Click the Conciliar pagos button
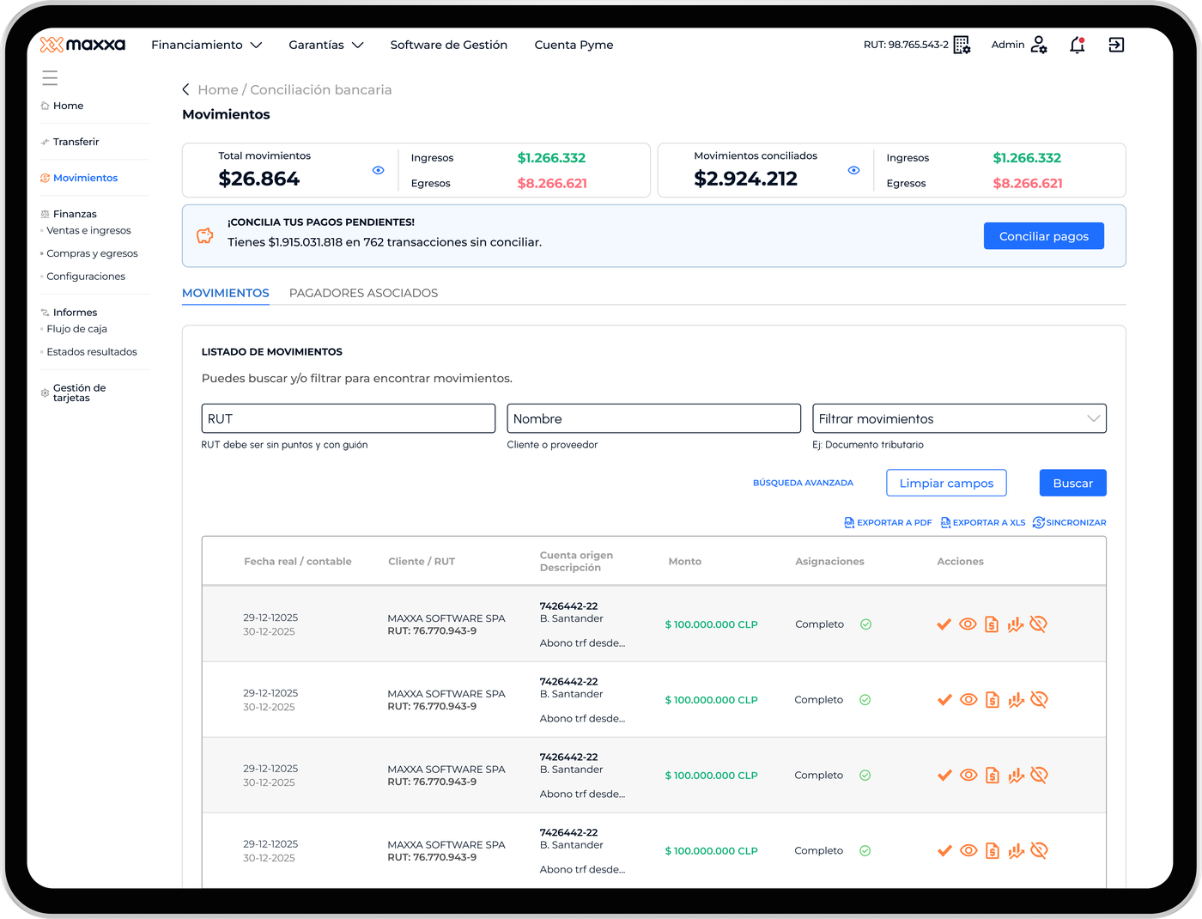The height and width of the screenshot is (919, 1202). click(x=1043, y=236)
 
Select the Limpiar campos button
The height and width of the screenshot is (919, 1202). click(x=946, y=483)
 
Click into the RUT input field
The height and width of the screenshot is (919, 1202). click(x=349, y=418)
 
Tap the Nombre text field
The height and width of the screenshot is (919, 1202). click(x=653, y=418)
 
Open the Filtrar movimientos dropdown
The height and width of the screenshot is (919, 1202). click(x=959, y=418)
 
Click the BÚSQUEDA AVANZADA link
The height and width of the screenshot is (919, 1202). click(x=803, y=483)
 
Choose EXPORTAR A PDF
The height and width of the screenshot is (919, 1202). click(x=888, y=522)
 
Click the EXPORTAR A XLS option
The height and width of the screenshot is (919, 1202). click(x=983, y=522)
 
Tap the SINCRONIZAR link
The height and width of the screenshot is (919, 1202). click(x=1070, y=522)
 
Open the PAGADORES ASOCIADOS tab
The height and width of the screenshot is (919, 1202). click(x=364, y=293)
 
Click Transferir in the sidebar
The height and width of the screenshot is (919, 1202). click(x=76, y=142)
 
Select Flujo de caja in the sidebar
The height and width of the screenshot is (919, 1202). click(x=76, y=329)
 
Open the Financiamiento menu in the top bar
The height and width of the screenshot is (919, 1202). click(x=207, y=45)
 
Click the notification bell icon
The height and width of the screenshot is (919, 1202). click(x=1078, y=45)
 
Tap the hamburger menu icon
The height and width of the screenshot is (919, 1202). click(x=50, y=78)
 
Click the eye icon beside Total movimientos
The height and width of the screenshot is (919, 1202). click(x=378, y=170)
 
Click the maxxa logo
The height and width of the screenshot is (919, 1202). click(x=82, y=45)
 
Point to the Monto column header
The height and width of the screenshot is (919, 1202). click(x=684, y=562)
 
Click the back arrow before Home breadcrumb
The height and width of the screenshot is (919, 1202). click(x=186, y=89)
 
